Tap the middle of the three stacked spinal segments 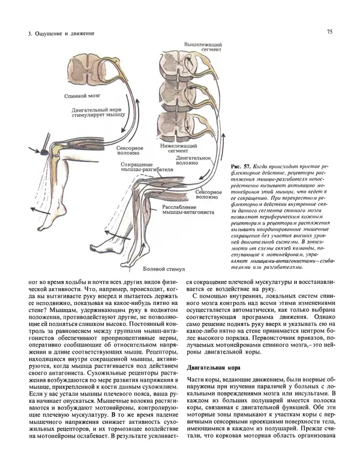coord(175,95)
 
